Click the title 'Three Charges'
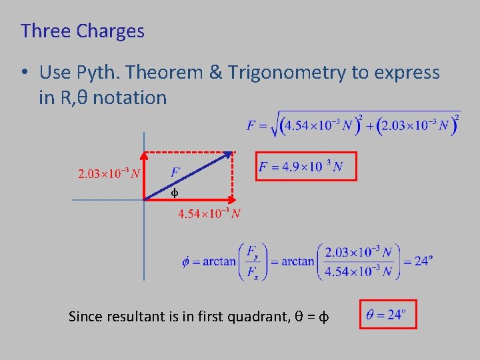point(82,31)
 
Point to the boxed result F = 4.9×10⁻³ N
point(307,167)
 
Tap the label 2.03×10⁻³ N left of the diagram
point(109,175)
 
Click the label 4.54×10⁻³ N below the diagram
point(209,214)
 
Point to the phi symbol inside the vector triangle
point(173,193)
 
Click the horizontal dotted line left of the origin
point(107,199)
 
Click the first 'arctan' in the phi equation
point(219,261)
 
